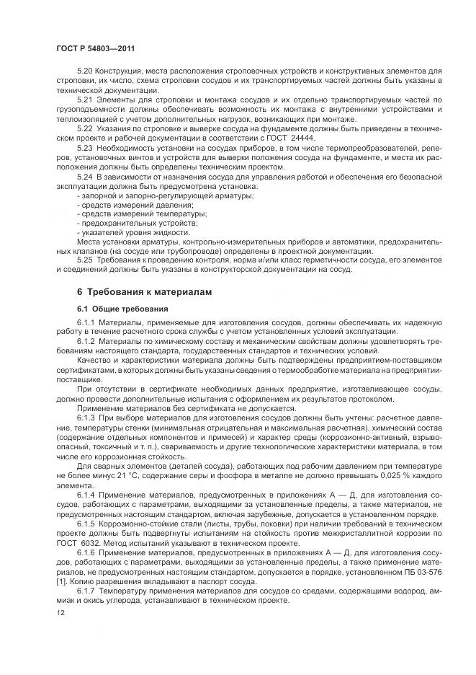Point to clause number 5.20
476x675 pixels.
click(x=85, y=71)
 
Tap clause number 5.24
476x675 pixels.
click(x=85, y=176)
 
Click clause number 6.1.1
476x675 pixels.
click(x=86, y=322)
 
